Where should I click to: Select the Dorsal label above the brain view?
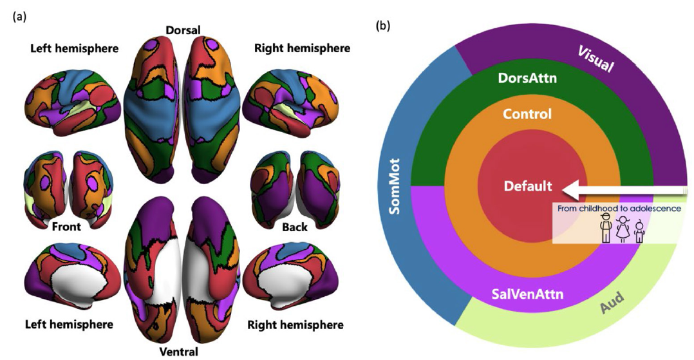coord(183,30)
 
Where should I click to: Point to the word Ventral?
coord(180,352)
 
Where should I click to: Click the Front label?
coord(66,227)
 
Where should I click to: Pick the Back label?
coord(294,227)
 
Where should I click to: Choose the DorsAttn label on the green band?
coord(527,78)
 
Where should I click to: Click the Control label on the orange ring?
coord(527,115)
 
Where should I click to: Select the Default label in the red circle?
coord(528,186)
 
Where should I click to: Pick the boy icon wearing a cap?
coord(605,229)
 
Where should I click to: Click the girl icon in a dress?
coord(623,229)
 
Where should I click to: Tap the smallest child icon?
coord(639,232)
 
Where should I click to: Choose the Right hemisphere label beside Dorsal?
coord(302,48)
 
